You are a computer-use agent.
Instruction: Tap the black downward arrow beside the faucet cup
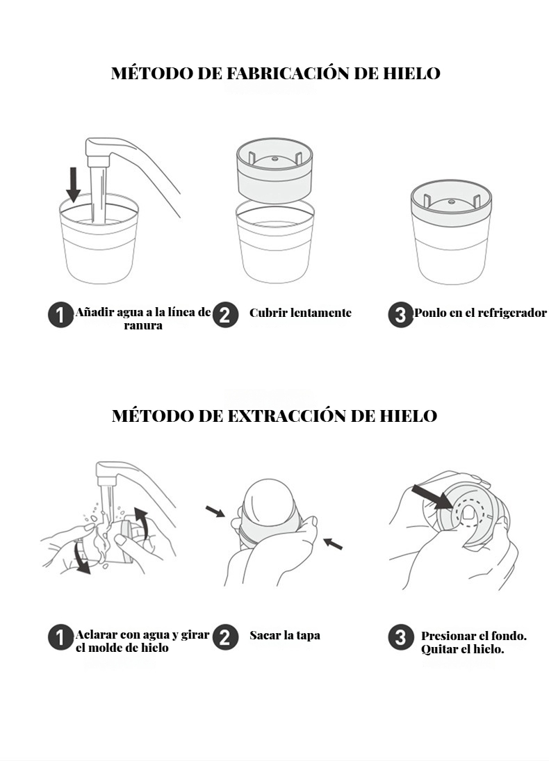pos(73,184)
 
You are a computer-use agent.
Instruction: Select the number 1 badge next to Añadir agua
pos(60,316)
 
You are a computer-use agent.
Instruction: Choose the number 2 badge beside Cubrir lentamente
pos(225,315)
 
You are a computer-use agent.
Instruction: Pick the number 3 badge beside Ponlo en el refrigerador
pos(400,315)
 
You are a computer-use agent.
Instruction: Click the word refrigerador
pos(512,313)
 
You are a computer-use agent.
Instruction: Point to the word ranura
pos(143,325)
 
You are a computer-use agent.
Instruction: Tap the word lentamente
pos(321,313)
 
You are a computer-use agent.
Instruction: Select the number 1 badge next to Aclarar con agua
pos(60,637)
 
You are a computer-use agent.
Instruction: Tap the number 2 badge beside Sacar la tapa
pos(225,637)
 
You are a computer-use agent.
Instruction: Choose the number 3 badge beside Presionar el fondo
pos(400,637)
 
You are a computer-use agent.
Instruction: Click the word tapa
pos(308,636)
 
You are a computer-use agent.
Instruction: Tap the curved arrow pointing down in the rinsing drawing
pos(79,558)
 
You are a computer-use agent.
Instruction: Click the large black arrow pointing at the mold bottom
pos(432,498)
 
